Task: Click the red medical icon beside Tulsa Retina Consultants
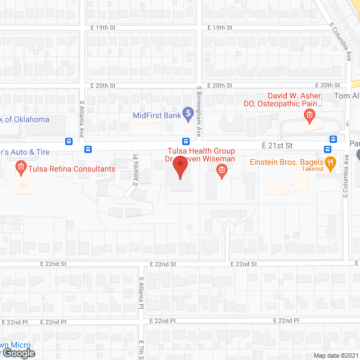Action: pyautogui.click(x=21, y=167)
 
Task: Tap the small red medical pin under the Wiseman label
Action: pyautogui.click(x=222, y=170)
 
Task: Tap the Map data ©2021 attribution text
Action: pyautogui.click(x=336, y=355)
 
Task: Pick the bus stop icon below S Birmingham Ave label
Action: pyautogui.click(x=185, y=141)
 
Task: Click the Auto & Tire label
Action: pyautogui.click(x=25, y=152)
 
